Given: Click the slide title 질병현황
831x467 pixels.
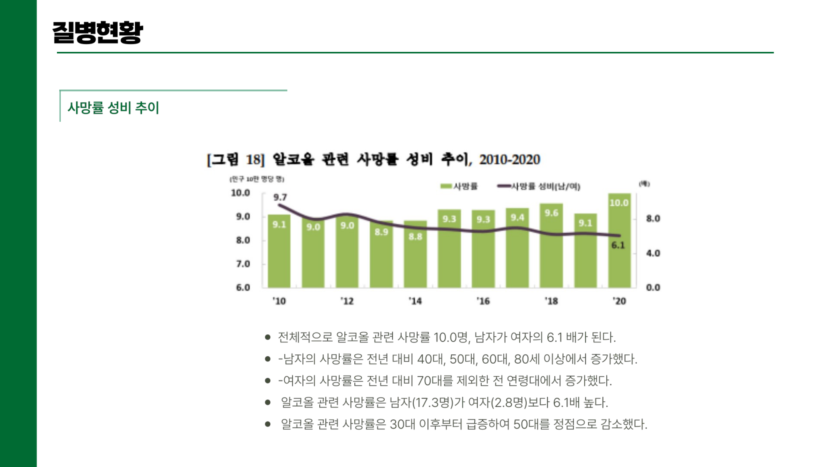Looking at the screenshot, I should [98, 32].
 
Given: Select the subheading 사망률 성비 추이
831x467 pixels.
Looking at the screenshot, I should [113, 108].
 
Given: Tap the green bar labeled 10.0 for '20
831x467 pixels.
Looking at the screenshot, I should [619, 246].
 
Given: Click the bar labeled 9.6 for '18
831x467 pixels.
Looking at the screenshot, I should [551, 250].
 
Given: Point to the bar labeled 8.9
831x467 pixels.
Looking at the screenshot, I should [381, 258].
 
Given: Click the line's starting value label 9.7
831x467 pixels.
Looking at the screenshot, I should [280, 198].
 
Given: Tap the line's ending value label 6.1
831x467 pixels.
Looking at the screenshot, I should [618, 245].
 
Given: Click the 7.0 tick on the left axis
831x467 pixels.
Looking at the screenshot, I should [243, 264].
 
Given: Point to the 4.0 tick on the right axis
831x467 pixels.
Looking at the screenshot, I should [653, 253].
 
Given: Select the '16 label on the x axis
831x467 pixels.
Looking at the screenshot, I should [483, 301].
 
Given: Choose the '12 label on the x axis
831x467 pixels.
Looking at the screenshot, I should [347, 301].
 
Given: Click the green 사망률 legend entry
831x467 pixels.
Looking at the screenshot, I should [459, 186].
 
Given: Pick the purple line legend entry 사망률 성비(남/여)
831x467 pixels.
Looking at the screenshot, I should [539, 186].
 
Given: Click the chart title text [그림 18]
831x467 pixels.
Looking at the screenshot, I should [236, 160].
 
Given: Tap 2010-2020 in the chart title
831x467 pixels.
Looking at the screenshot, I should [509, 160].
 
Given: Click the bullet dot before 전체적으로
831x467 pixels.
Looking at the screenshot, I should [268, 337].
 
